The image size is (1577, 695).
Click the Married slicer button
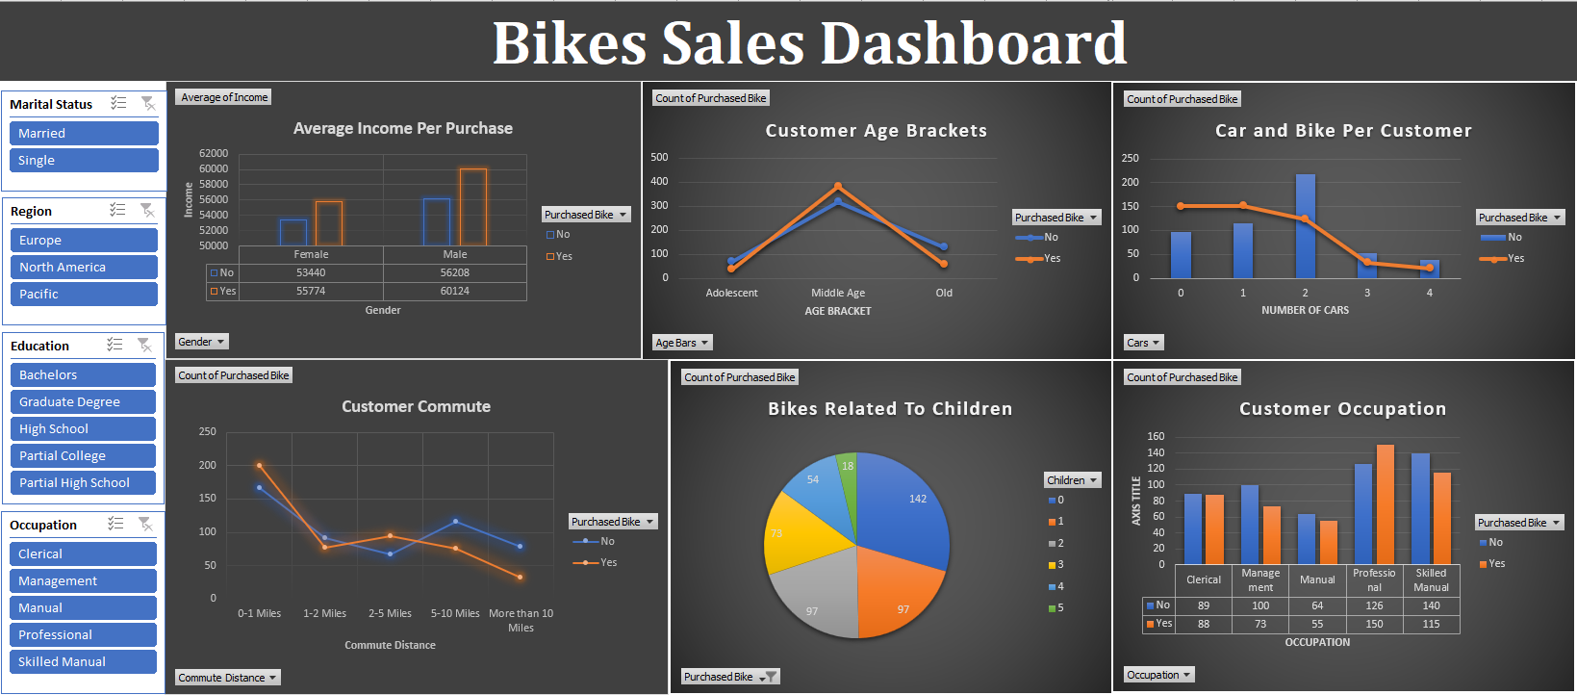(x=83, y=133)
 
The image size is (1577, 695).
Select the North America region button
(x=83, y=267)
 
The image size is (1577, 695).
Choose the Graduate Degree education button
(x=83, y=401)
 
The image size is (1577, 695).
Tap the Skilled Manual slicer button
(x=83, y=661)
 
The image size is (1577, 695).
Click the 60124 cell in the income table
(x=454, y=291)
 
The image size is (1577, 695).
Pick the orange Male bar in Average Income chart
(x=472, y=206)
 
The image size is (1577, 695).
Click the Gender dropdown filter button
(x=202, y=342)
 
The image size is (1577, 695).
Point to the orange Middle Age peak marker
(x=838, y=186)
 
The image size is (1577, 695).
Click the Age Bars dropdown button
(x=682, y=343)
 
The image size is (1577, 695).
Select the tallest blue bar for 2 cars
(x=1305, y=225)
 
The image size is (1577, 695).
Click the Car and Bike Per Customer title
(x=1342, y=131)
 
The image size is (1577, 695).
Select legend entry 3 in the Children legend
(x=1056, y=565)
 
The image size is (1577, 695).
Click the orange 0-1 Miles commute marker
(x=260, y=466)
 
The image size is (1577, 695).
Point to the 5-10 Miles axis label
(x=455, y=613)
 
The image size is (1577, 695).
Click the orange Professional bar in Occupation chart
(x=1385, y=503)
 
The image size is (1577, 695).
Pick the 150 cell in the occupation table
(x=1374, y=624)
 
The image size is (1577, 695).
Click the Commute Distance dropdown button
(x=228, y=678)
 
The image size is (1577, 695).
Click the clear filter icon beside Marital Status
(x=147, y=103)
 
